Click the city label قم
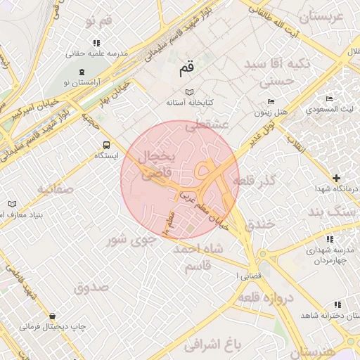tap(186, 69)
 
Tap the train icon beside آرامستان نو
tap(82, 72)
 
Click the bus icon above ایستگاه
tap(106, 146)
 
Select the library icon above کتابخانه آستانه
tap(188, 92)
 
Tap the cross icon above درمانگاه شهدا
tap(337, 179)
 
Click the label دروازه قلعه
tap(264, 298)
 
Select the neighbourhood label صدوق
tap(91, 287)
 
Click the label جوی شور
tap(129, 240)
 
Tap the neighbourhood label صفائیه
tap(56, 188)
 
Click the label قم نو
tap(98, 22)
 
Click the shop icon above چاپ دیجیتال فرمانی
tap(53, 316)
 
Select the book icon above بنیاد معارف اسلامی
tap(12, 204)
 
